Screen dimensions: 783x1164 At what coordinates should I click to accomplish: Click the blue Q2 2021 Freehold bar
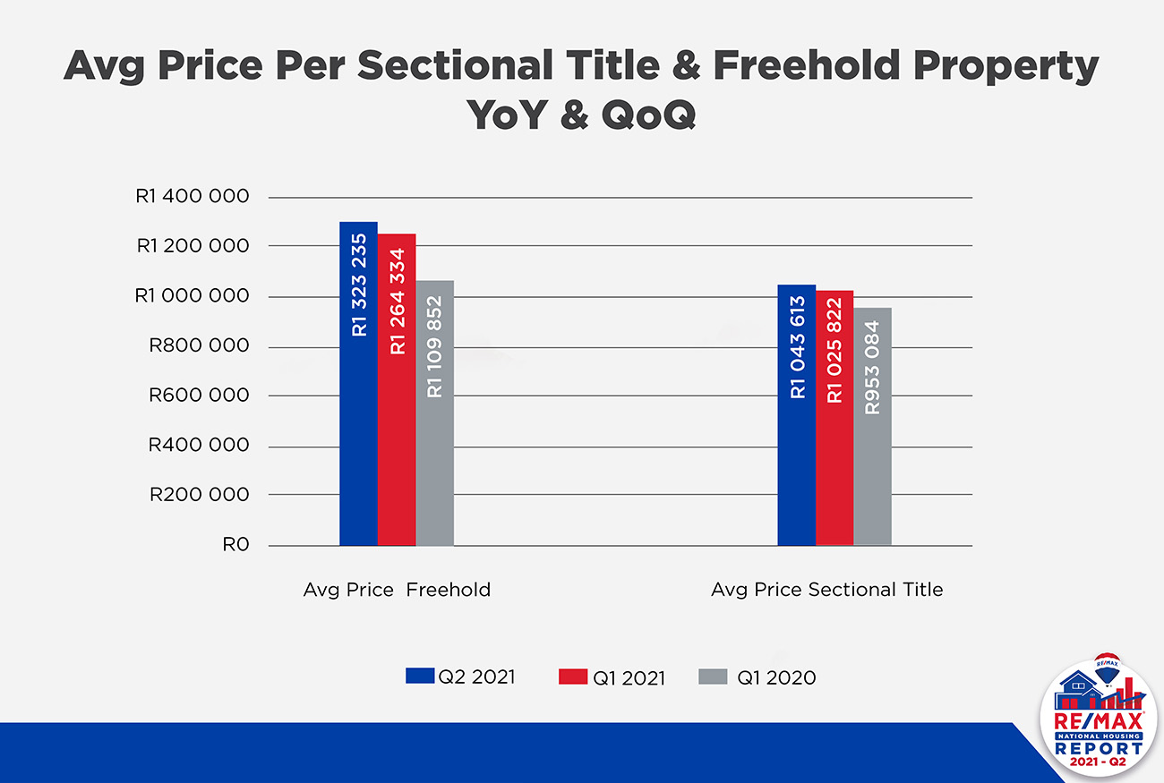358,430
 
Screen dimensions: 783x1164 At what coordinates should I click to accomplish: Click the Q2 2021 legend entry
460,677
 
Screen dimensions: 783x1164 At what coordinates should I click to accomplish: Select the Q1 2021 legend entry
612,677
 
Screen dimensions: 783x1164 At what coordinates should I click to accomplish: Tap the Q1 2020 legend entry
757,677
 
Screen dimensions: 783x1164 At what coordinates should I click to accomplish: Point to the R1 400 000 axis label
192,197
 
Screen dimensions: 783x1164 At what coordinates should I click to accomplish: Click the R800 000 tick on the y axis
198,346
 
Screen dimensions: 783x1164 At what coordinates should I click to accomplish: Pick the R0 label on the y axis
235,545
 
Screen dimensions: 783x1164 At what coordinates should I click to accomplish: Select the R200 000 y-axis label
198,495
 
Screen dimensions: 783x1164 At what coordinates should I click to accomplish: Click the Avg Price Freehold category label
397,590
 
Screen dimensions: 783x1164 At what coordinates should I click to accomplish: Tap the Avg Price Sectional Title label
826,590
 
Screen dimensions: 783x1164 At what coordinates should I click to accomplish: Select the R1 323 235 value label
359,285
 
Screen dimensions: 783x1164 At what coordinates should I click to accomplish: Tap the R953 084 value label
873,367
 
